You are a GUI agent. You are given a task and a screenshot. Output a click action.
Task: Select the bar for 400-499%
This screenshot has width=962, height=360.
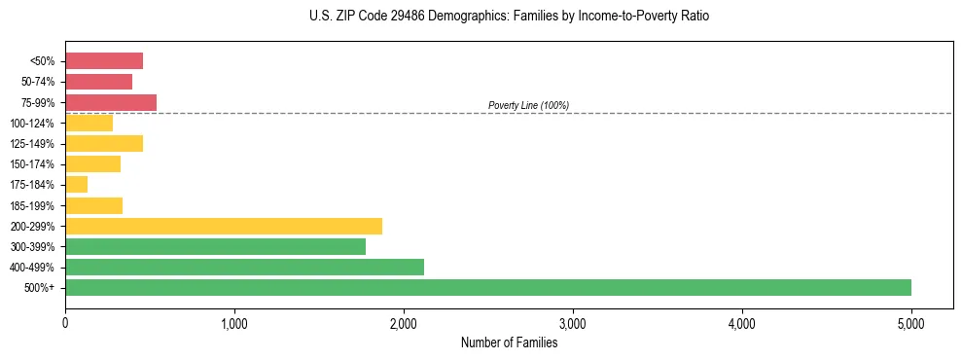(244, 267)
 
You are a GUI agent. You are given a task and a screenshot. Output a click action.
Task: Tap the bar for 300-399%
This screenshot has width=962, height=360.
(215, 246)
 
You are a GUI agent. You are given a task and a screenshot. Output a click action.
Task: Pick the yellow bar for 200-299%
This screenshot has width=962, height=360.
(224, 226)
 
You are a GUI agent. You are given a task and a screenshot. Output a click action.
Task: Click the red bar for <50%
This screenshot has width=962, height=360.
(104, 61)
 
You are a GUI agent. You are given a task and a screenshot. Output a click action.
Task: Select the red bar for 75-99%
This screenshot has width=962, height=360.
(111, 102)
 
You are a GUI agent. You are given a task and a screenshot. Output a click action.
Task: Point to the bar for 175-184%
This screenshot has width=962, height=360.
(77, 184)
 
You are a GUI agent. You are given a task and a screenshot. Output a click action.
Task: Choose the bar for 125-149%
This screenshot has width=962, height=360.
(104, 143)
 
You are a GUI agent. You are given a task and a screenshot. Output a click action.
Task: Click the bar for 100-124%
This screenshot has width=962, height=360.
(89, 123)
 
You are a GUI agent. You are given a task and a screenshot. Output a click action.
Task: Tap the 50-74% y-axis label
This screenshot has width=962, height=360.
(38, 82)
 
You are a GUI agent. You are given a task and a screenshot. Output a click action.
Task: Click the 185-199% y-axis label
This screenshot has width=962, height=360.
(32, 205)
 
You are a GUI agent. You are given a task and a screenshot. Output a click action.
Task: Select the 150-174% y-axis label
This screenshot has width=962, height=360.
(32, 164)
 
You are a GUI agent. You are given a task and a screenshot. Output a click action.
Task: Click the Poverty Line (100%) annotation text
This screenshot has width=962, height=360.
(528, 105)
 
